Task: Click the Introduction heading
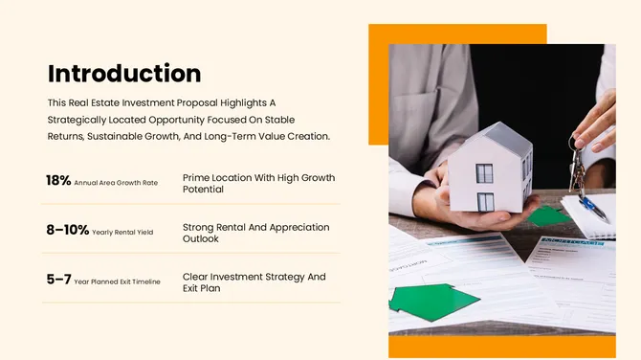tap(124, 74)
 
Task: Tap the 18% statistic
tap(58, 180)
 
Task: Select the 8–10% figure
tap(67, 230)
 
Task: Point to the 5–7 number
tap(58, 280)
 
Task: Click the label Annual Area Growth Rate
tap(116, 182)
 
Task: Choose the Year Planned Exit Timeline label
tap(118, 281)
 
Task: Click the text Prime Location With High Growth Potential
tap(258, 183)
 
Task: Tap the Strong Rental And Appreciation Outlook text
tap(255, 233)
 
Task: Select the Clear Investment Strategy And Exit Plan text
tap(254, 282)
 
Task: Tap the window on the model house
tap(485, 174)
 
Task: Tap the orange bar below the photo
tap(501, 347)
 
